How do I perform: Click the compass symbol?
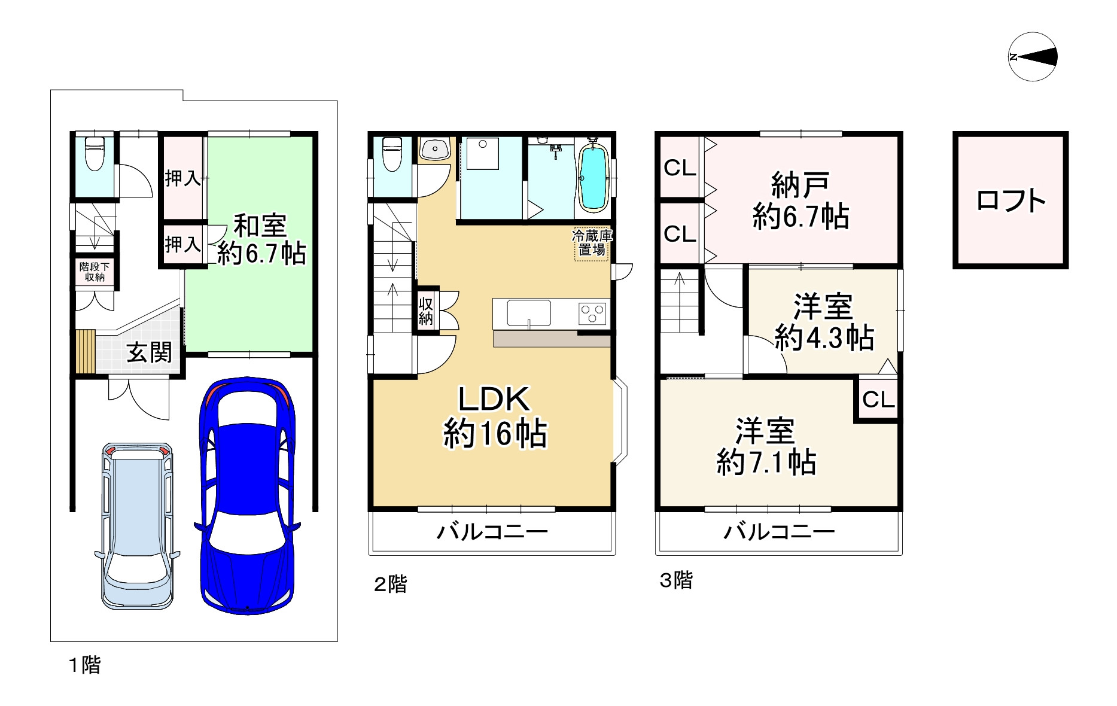pyautogui.click(x=1033, y=57)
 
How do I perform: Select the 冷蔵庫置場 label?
pyautogui.click(x=592, y=242)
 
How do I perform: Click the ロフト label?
pyautogui.click(x=1011, y=201)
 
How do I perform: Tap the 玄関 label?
pyautogui.click(x=149, y=352)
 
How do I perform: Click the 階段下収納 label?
pyautogui.click(x=95, y=272)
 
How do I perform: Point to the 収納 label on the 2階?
pyautogui.click(x=425, y=310)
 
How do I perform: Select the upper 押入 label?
pyautogui.click(x=182, y=178)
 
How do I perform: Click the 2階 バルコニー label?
pyautogui.click(x=492, y=531)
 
